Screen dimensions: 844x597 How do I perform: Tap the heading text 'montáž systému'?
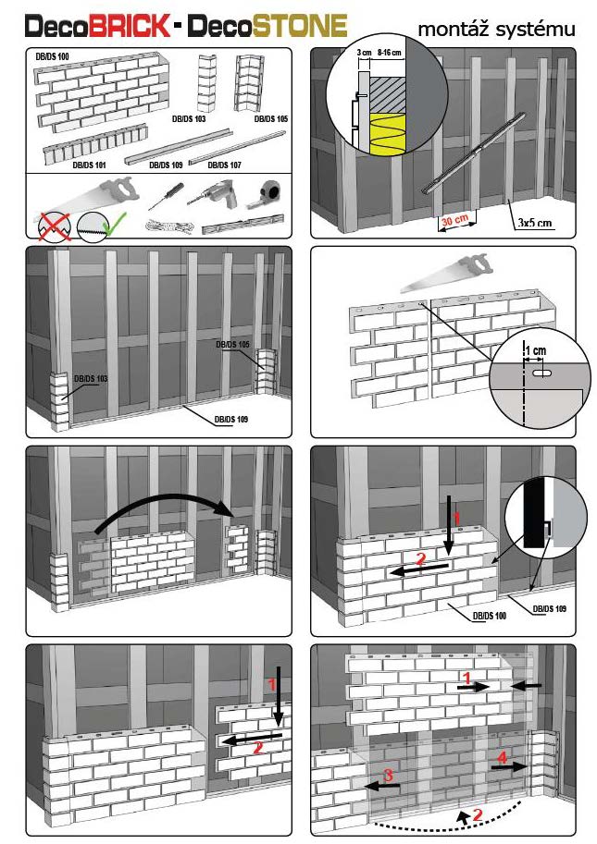(496, 30)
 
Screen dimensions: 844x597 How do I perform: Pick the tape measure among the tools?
(271, 190)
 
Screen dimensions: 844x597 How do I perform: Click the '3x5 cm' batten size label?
(534, 222)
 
